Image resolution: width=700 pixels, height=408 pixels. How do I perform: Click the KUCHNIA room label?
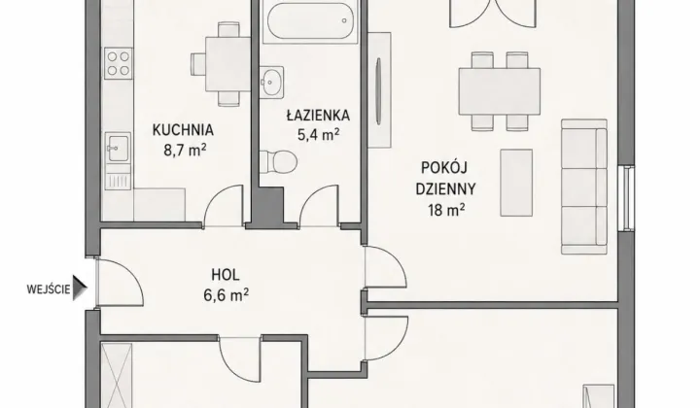coord(183,130)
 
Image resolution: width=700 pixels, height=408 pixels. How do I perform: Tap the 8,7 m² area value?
coord(185,151)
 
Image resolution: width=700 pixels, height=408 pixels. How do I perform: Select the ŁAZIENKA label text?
coord(318,116)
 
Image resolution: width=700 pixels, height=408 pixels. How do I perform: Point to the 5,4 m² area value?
coord(318,135)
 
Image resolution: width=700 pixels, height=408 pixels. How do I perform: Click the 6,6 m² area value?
coord(227,295)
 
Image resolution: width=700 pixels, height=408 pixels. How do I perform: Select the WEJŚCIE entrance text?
coord(49,289)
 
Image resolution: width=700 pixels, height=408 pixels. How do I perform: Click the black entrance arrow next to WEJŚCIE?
coord(80,288)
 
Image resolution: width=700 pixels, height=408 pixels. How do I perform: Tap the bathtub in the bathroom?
coord(310,21)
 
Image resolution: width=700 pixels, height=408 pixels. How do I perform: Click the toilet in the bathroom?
coord(278,162)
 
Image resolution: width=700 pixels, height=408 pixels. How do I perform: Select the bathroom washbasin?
coord(272,82)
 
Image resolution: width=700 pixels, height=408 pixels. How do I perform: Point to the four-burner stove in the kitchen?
coord(119,63)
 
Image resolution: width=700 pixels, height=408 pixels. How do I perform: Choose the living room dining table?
coord(500,91)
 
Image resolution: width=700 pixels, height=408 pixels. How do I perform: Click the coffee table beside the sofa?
coord(516,183)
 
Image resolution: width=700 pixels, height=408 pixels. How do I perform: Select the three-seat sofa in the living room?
coord(584,187)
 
